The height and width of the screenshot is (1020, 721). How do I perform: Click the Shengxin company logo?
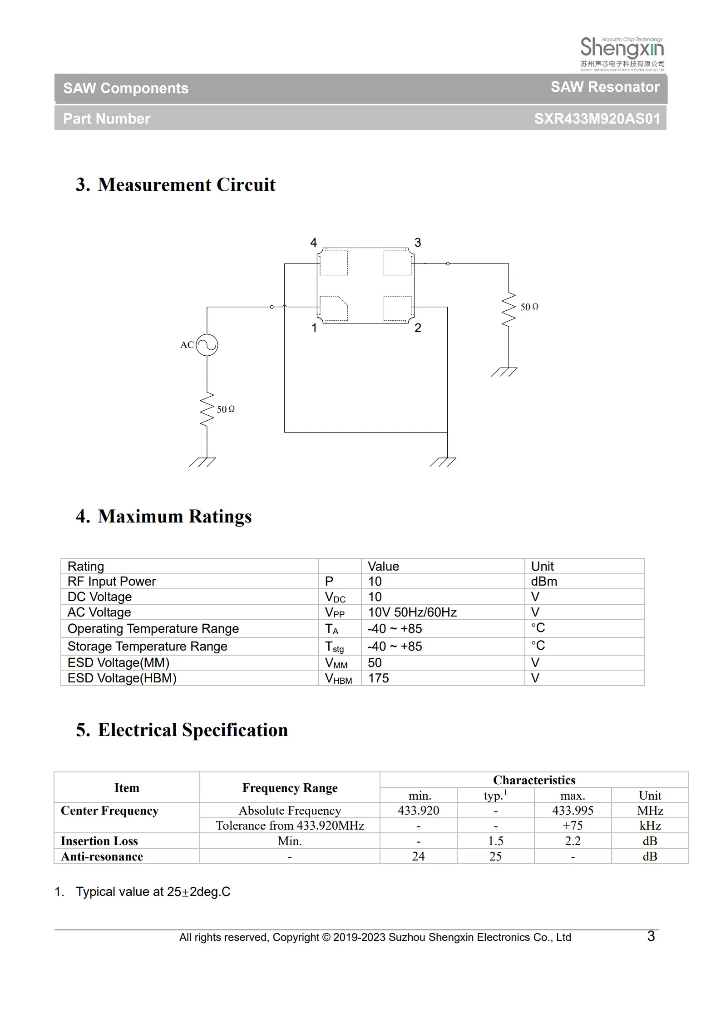(622, 54)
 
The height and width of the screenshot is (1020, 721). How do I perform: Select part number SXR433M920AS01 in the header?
(596, 119)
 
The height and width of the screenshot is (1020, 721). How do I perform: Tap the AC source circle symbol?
(207, 345)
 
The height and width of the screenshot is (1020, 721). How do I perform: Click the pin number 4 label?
(313, 243)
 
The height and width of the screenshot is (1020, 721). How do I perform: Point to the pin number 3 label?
(418, 243)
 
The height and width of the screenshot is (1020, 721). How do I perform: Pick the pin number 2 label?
(418, 328)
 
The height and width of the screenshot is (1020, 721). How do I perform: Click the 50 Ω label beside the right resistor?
(529, 307)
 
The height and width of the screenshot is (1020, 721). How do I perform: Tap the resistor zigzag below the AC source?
(207, 409)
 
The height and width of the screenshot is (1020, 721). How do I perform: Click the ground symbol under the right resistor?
(504, 372)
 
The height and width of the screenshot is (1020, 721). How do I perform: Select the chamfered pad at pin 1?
(334, 308)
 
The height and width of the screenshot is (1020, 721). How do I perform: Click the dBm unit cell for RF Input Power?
(544, 582)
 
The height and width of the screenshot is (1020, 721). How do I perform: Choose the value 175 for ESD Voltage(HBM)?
(378, 678)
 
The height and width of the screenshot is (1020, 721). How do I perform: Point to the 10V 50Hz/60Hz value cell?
(412, 612)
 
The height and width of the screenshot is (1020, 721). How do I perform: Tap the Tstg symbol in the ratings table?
(334, 647)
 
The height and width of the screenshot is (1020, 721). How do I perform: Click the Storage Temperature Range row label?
(147, 647)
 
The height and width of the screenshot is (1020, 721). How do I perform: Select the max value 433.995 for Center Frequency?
(573, 811)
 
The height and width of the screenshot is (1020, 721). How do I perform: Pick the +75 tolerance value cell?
(573, 826)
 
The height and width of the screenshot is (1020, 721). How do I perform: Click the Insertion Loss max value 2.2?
(573, 841)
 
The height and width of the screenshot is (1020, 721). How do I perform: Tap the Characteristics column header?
(534, 780)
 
